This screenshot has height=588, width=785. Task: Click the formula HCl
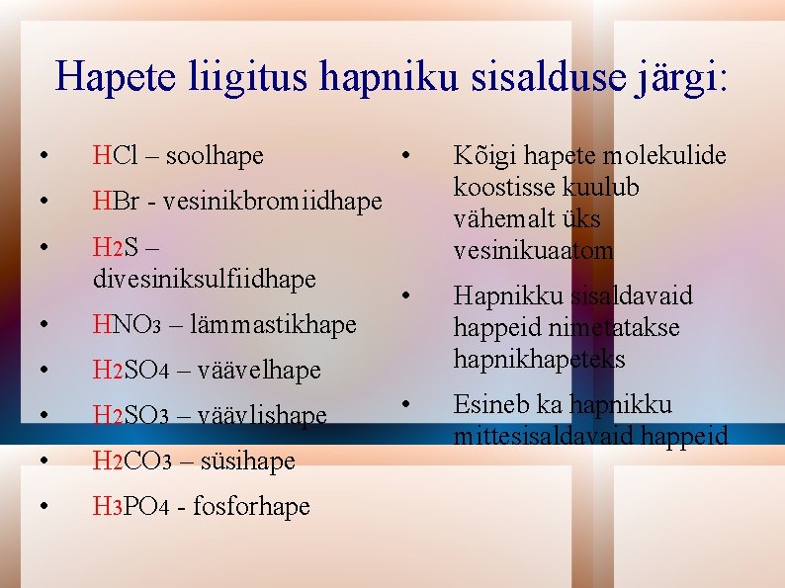coord(115,156)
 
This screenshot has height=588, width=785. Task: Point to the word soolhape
coord(215,156)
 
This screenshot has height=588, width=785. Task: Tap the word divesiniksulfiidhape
coord(204,280)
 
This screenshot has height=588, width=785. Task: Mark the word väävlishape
coord(262,416)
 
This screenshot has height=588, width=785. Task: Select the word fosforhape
coord(251,507)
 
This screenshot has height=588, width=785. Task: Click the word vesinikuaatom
coord(533,251)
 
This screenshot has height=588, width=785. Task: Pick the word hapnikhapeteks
coord(539,359)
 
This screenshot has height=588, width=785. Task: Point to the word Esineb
coord(490,405)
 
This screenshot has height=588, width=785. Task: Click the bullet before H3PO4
coord(44,507)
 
